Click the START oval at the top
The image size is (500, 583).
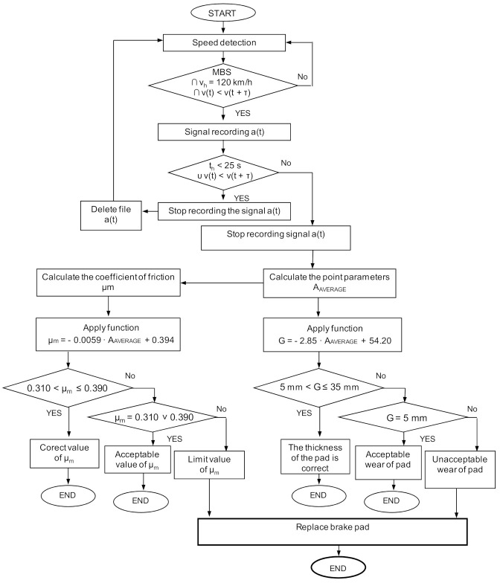(x=224, y=14)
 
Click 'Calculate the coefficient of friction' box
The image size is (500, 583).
(x=108, y=281)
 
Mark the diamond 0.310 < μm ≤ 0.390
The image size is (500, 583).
(x=68, y=387)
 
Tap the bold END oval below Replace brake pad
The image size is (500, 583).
(x=339, y=569)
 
